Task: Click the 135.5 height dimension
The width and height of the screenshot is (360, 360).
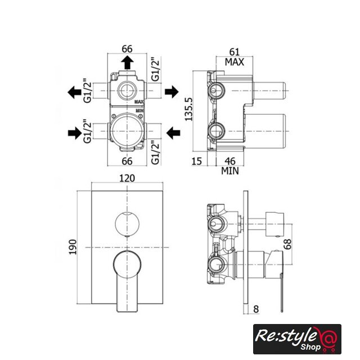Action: [x=189, y=109]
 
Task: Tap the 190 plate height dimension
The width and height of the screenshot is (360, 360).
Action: [x=73, y=247]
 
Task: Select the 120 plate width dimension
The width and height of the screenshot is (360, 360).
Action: [x=127, y=178]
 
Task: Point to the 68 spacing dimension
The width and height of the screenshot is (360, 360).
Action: [x=287, y=244]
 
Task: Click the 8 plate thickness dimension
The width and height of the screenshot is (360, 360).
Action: [x=256, y=309]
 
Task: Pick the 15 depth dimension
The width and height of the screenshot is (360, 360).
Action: [x=197, y=161]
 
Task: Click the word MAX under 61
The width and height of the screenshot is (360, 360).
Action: [x=234, y=62]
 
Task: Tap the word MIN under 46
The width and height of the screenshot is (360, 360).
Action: [x=230, y=171]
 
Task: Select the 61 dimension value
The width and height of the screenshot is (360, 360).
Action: [x=235, y=52]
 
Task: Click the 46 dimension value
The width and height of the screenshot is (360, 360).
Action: [x=230, y=161]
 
